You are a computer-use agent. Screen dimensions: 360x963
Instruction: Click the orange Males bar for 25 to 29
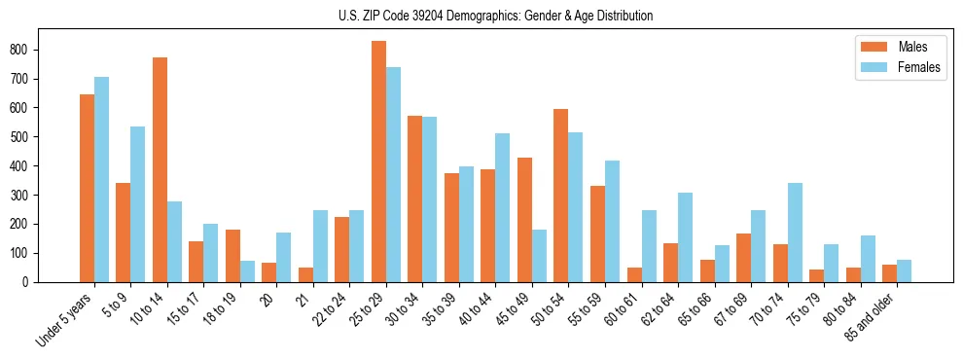tap(378, 162)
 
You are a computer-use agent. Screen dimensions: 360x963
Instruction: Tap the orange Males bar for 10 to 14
tap(160, 170)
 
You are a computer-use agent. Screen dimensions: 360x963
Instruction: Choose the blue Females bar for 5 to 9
tap(138, 204)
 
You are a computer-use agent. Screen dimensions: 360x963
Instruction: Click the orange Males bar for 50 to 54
tap(561, 196)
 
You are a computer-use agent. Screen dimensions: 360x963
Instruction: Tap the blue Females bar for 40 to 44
tap(503, 208)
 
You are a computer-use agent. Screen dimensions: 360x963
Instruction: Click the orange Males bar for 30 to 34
tap(415, 199)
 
